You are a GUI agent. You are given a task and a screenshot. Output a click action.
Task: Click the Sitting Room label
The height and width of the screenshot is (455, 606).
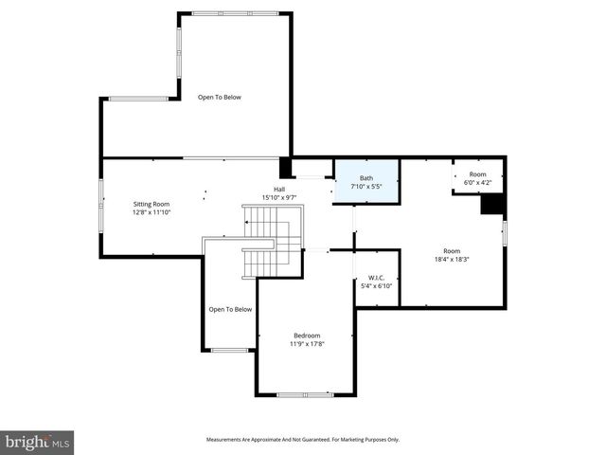tap(151, 204)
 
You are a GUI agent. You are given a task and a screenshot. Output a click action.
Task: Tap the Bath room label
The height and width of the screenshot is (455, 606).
tap(366, 177)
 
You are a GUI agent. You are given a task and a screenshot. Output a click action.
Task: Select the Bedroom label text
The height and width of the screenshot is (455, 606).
tap(307, 335)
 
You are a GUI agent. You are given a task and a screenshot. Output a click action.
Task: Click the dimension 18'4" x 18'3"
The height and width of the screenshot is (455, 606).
tap(453, 258)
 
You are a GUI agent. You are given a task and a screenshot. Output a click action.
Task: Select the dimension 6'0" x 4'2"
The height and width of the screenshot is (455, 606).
tap(477, 182)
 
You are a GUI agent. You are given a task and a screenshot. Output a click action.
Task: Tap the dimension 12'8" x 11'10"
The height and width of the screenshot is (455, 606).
tap(151, 212)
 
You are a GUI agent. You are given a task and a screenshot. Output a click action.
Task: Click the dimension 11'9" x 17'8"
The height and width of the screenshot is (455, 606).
tap(307, 343)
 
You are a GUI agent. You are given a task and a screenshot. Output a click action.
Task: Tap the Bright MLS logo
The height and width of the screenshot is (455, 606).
tap(38, 441)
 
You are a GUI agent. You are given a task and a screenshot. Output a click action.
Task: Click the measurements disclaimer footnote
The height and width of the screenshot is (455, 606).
tap(303, 439)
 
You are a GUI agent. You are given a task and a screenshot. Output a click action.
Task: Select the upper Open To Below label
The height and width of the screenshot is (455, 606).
tap(220, 97)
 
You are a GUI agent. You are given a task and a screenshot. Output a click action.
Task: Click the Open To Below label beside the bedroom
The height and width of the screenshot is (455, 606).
tap(230, 309)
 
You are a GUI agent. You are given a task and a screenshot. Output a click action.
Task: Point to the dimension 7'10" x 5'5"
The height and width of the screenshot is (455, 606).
tap(366, 186)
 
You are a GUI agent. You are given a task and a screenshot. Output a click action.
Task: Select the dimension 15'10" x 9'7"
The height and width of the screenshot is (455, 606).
tap(279, 197)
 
